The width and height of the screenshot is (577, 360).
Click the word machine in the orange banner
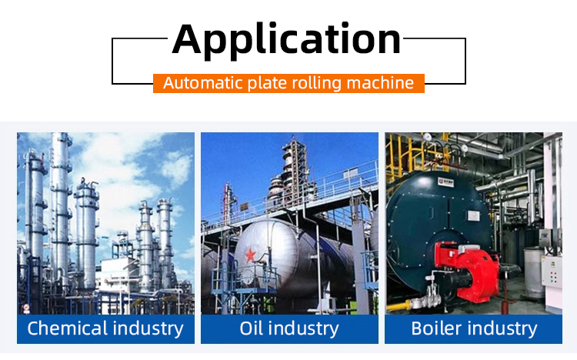tap(380, 83)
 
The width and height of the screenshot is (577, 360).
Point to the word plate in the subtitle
tap(268, 84)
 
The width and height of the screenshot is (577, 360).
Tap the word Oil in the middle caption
tap(252, 328)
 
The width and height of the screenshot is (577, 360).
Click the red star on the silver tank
tap(251, 255)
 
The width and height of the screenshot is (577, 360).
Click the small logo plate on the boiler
tap(445, 182)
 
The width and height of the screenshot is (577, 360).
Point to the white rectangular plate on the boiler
tap(473, 215)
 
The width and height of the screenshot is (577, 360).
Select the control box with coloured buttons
tap(552, 272)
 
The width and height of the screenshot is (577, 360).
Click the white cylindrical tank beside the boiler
tap(535, 272)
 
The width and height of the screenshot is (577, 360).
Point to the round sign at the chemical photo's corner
tap(26, 308)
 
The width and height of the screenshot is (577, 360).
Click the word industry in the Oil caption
tap(303, 328)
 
